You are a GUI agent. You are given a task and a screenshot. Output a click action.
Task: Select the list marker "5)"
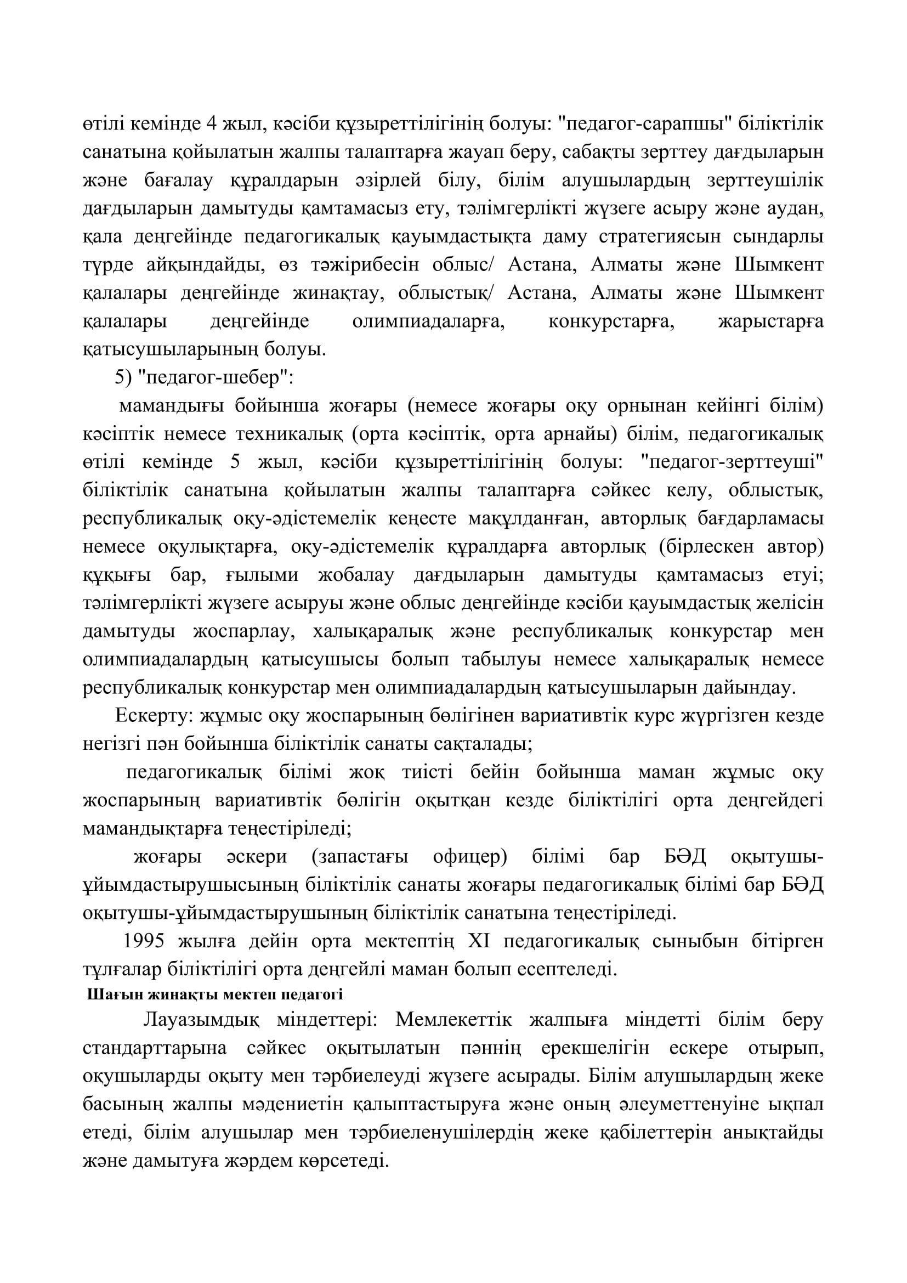(123, 378)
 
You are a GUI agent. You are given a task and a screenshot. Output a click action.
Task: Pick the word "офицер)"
(470, 857)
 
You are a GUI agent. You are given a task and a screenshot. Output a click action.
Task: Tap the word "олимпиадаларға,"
(428, 321)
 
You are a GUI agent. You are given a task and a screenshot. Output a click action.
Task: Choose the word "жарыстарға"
(770, 321)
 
